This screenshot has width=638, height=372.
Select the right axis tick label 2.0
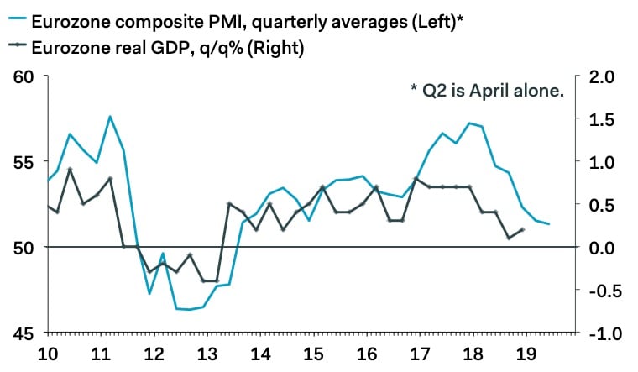click(x=604, y=77)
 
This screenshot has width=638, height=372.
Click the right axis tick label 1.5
click(x=604, y=119)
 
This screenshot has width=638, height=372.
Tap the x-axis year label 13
click(x=204, y=354)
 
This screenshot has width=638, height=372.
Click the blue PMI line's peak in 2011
click(x=110, y=116)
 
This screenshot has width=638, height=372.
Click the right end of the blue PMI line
click(x=548, y=223)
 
